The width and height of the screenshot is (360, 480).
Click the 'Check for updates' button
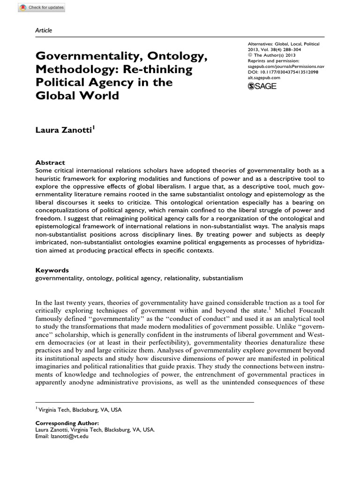[33, 8]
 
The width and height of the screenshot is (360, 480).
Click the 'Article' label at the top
[44, 30]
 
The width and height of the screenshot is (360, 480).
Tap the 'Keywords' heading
[51, 270]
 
